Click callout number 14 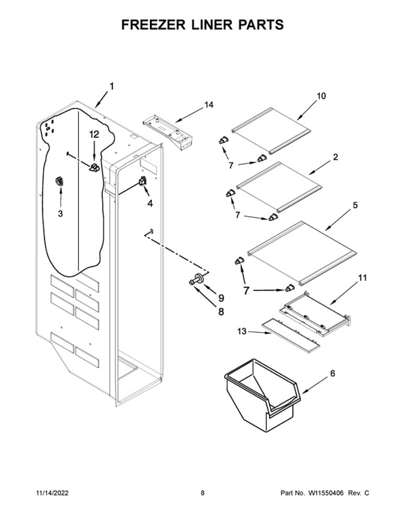click(x=209, y=105)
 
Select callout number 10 click(x=321, y=96)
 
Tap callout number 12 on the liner click(x=94, y=134)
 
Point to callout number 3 click(x=60, y=213)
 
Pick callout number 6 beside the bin click(x=332, y=374)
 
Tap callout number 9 click(x=221, y=297)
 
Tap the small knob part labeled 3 click(x=59, y=181)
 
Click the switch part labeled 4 click(x=142, y=181)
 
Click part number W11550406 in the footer click(x=326, y=493)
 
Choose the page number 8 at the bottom click(x=202, y=493)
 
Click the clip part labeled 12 click(x=94, y=167)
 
